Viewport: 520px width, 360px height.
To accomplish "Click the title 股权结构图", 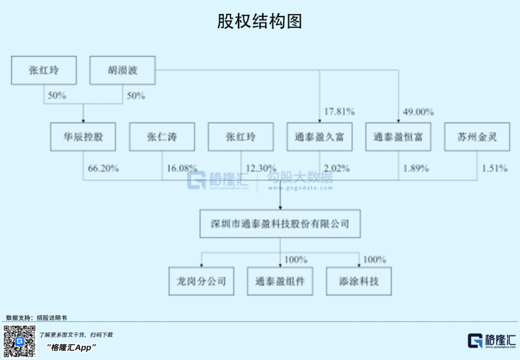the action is [260, 21].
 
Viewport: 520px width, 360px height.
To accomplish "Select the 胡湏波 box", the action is [122, 70].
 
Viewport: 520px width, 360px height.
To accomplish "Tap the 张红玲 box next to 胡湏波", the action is [44, 70].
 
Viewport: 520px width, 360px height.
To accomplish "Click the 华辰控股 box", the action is [83, 137].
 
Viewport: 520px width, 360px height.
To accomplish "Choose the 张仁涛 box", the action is [162, 137].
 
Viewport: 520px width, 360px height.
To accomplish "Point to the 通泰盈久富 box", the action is [319, 137].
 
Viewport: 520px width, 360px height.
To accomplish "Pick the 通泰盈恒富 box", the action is [398, 137].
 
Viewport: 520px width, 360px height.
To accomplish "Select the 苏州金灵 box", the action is [477, 137].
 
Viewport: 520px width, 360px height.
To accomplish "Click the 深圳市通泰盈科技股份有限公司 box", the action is [280, 224].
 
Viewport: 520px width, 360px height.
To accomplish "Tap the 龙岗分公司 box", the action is [201, 281].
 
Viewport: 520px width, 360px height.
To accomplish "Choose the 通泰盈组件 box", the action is [280, 281].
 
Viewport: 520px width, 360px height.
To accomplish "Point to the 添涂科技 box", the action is [359, 281].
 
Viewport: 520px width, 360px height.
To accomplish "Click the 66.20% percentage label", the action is [104, 169].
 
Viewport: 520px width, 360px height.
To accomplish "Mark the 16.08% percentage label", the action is [182, 169].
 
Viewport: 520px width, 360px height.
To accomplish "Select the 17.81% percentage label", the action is [339, 112].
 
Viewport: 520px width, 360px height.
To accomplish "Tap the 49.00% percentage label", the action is [418, 112].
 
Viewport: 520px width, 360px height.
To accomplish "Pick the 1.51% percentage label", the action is [495, 169].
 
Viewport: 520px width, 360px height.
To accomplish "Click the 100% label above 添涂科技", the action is [375, 260].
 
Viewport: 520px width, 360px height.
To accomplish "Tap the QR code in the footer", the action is [20, 341].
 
